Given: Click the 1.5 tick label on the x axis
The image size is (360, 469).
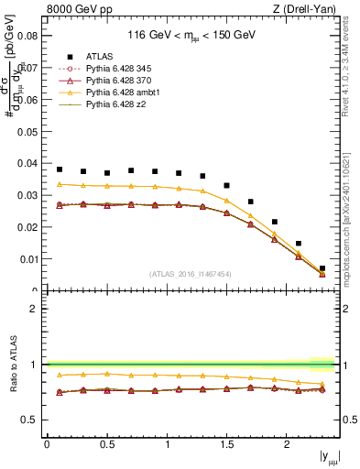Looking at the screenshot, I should pyautogui.click(x=226, y=444).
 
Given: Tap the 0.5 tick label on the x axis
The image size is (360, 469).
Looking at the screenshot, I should pyautogui.click(x=106, y=444).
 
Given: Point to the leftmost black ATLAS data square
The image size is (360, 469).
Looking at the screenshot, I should pyautogui.click(x=60, y=169).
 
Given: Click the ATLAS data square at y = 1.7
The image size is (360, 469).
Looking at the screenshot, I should pyautogui.click(x=251, y=202).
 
